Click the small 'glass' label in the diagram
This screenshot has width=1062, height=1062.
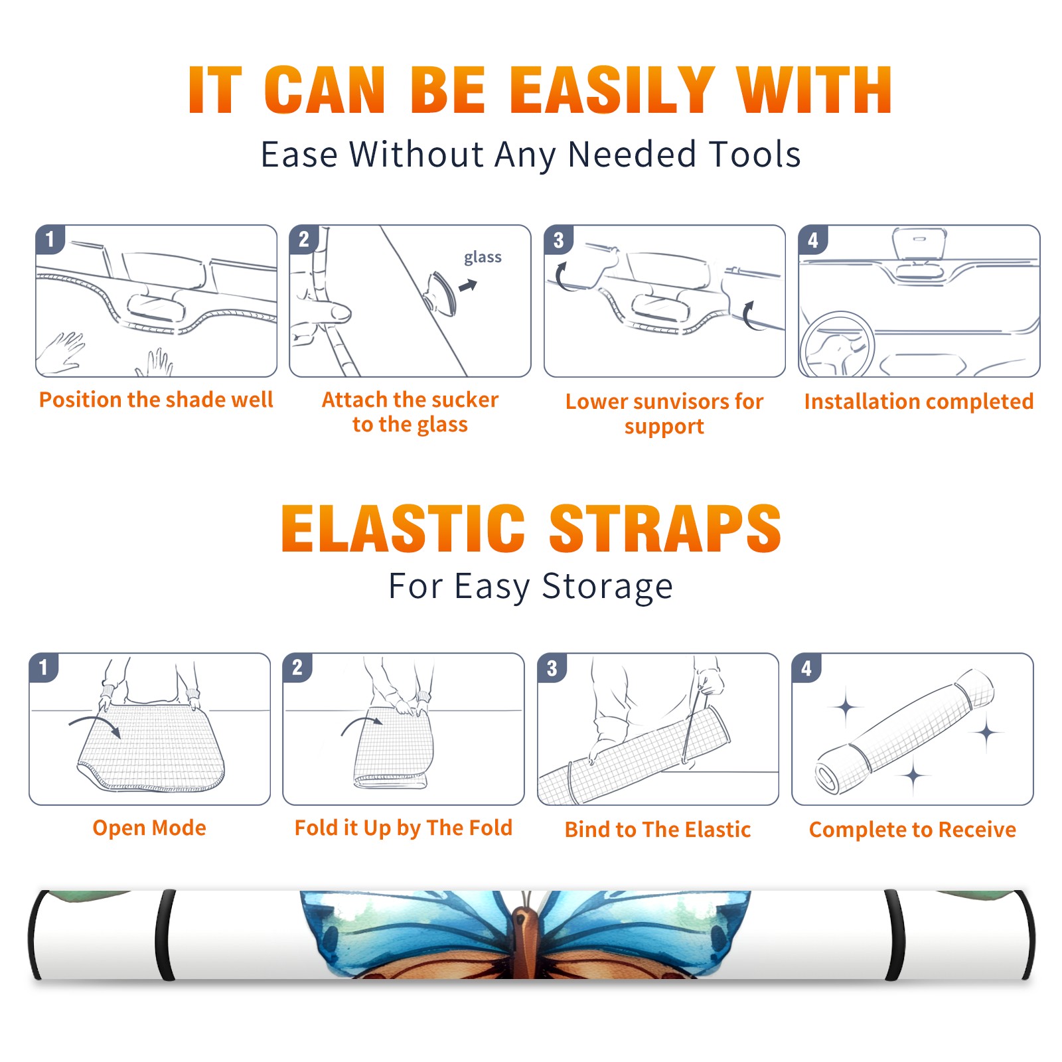click(483, 258)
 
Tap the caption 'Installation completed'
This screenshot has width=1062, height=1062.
click(919, 401)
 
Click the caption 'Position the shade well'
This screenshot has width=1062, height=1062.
click(156, 400)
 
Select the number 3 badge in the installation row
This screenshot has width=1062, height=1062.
click(558, 240)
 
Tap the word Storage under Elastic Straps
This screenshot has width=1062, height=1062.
click(607, 587)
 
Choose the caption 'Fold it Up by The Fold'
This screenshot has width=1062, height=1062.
click(404, 828)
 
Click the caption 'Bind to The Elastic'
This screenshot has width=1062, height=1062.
click(658, 829)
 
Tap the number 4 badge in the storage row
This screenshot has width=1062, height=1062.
click(806, 668)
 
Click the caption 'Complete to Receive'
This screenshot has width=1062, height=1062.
click(913, 830)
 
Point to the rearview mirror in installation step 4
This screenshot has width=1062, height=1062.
click(919, 246)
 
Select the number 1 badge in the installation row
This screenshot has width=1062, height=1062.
click(50, 239)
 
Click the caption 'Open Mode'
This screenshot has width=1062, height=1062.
click(149, 828)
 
